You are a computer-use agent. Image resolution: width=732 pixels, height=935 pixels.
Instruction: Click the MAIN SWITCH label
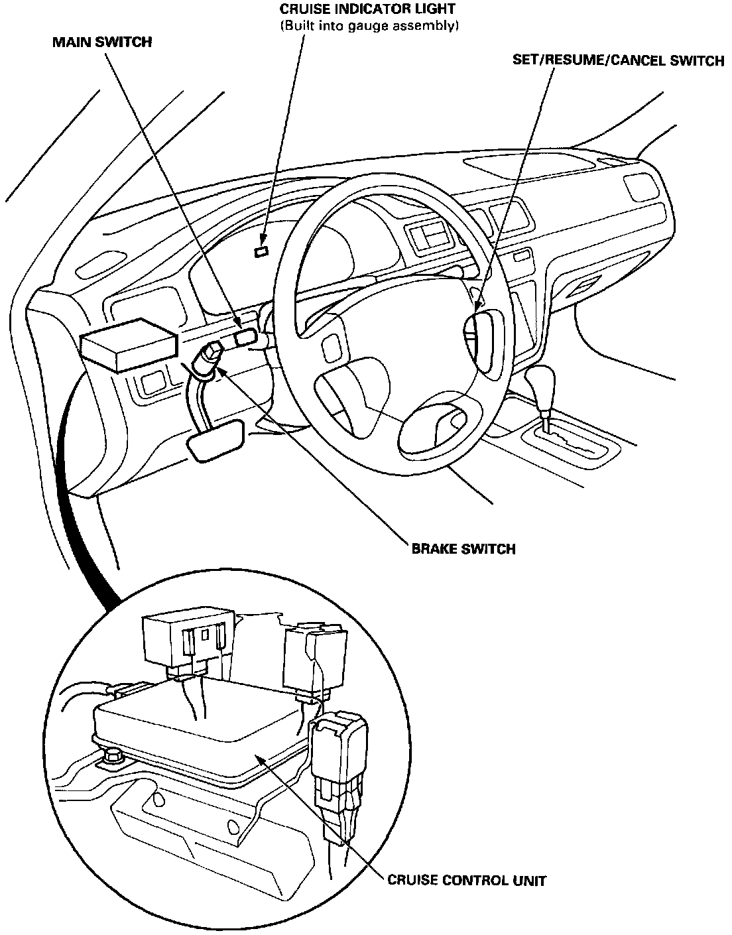[102, 42]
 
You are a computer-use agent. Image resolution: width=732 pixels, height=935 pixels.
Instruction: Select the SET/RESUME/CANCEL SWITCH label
[618, 61]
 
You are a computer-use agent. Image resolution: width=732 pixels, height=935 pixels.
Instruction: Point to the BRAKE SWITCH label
[463, 549]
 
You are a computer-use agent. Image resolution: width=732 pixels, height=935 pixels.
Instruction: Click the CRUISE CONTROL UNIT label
[467, 881]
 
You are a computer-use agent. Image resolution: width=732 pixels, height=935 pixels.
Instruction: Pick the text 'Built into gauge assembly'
[369, 26]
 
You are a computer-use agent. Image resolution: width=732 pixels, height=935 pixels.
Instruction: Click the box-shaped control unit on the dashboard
[129, 343]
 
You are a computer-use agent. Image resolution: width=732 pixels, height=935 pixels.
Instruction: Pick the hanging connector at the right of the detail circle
[338, 756]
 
